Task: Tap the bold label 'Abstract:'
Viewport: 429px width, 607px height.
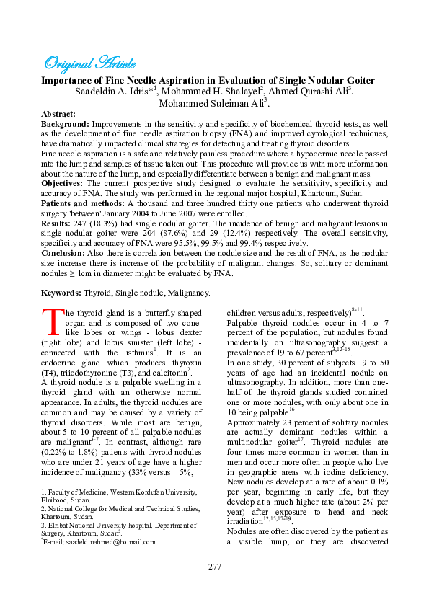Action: coord(58,114)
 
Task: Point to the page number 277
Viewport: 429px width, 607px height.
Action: coord(214,567)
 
